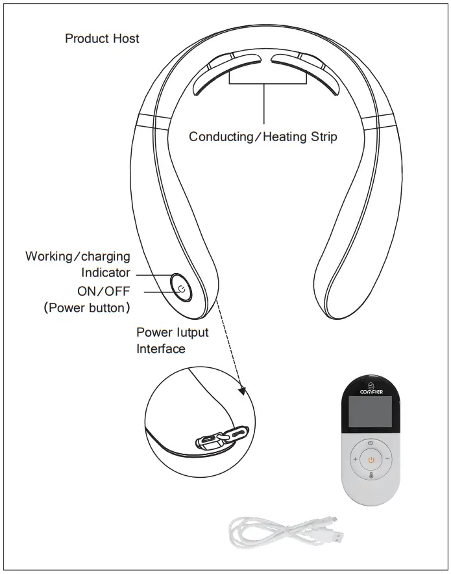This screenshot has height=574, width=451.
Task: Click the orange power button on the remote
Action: [371, 460]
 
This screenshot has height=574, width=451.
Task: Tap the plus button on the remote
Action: [355, 459]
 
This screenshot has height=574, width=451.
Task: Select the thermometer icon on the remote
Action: [371, 475]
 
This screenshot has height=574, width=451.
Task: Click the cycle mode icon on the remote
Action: [371, 443]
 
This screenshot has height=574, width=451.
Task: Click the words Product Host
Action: [102, 38]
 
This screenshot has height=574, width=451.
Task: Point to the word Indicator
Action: [105, 273]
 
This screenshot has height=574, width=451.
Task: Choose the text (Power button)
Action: [87, 307]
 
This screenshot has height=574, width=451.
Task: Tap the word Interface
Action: [160, 349]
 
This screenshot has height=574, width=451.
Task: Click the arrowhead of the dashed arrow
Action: [243, 390]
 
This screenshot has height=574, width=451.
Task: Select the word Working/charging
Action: [77, 256]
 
